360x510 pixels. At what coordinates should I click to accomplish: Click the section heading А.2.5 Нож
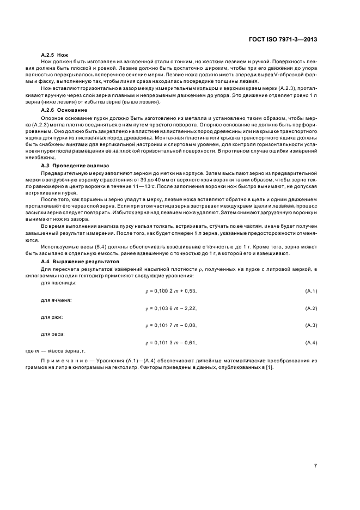point(54,55)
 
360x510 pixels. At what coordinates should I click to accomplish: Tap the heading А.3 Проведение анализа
point(75,165)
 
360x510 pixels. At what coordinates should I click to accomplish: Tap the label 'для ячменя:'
point(57,300)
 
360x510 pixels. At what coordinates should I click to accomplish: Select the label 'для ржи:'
point(52,317)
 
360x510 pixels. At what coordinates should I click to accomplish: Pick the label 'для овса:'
point(53,334)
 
